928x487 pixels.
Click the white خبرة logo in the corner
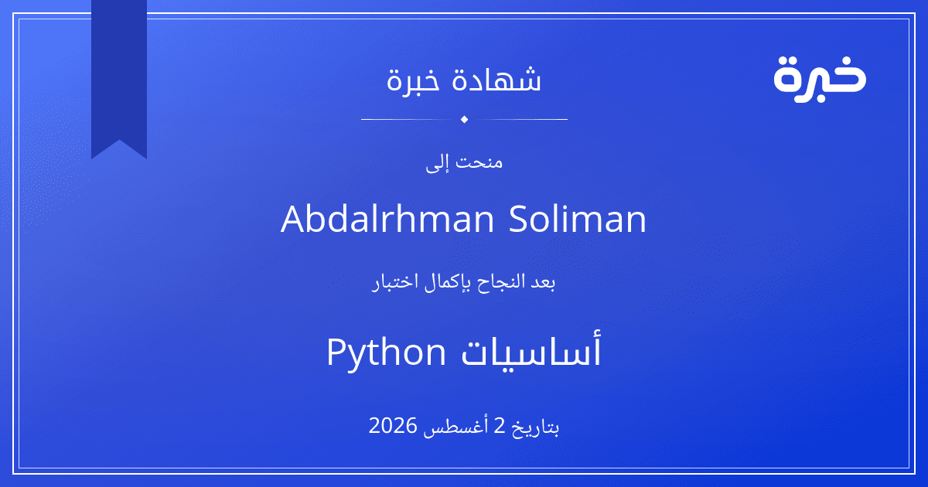tap(820, 80)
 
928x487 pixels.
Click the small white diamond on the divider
tap(465, 119)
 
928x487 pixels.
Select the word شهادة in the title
tap(496, 79)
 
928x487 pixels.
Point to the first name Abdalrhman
tap(387, 219)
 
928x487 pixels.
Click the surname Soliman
tap(578, 219)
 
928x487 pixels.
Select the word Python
tap(386, 352)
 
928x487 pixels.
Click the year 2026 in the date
tap(393, 426)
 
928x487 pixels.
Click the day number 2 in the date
tap(500, 426)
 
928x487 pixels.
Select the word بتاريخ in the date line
tap(535, 427)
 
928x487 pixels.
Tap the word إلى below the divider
tap(437, 163)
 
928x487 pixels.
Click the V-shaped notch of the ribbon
tap(119, 140)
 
